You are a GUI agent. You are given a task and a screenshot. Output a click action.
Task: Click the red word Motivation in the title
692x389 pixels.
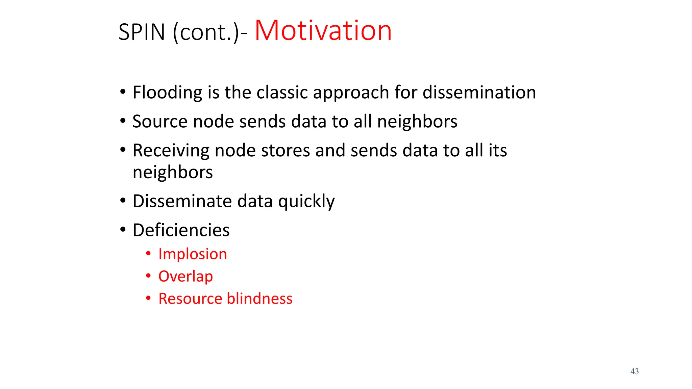pos(323,31)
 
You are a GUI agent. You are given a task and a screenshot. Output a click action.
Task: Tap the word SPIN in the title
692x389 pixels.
pos(142,32)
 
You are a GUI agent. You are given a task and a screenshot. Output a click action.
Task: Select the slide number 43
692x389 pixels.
pos(634,371)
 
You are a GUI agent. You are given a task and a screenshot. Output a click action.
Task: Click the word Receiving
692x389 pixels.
pos(171,151)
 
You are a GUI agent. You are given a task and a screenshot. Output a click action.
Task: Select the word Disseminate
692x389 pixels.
pos(182,201)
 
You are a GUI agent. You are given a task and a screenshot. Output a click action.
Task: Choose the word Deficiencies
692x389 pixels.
pos(181,230)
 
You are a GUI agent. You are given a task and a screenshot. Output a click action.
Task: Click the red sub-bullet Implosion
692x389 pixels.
pos(193,254)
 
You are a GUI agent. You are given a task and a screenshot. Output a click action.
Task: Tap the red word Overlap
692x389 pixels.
pos(186,277)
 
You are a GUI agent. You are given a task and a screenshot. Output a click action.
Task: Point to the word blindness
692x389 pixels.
pos(259,299)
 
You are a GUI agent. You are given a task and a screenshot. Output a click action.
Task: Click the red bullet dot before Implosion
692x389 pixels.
pos(148,254)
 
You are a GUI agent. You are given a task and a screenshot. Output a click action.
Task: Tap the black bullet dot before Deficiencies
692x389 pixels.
pos(123,230)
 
